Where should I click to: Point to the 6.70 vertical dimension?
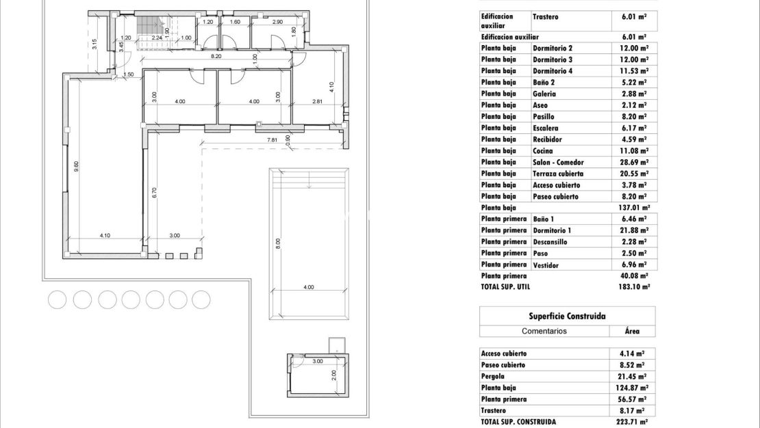click(155, 193)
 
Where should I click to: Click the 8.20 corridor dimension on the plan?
click(216, 56)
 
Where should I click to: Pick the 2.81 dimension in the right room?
click(317, 102)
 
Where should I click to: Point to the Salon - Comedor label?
click(559, 162)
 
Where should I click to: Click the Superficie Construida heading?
click(567, 316)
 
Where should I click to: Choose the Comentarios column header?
click(544, 331)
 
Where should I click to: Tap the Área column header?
click(633, 331)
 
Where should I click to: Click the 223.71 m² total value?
click(633, 422)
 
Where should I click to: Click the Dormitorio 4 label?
click(553, 71)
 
